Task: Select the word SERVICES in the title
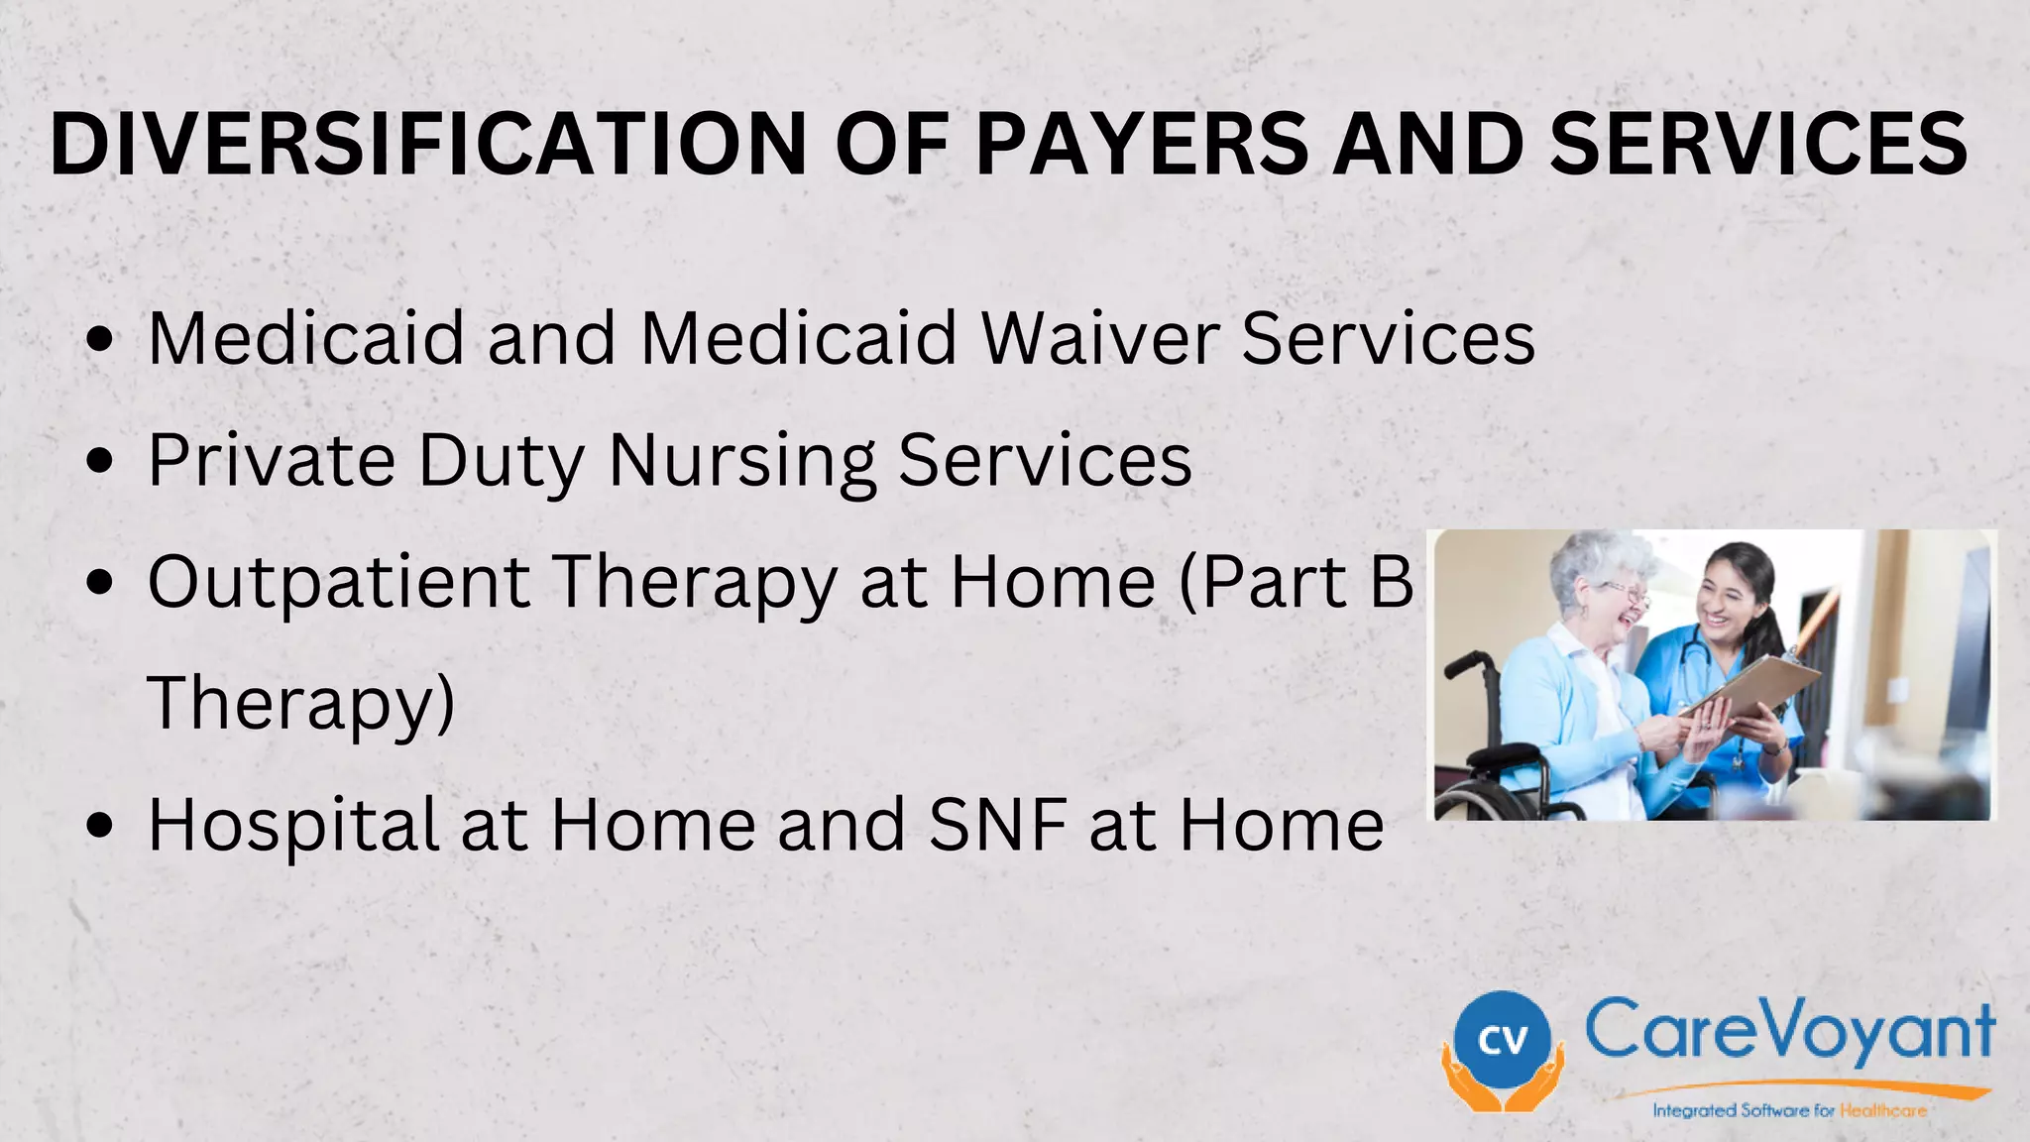[x=1758, y=145]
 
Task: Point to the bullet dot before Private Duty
[x=100, y=461]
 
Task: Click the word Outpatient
[x=338, y=582]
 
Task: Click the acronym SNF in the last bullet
[x=998, y=825]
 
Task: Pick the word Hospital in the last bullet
[x=293, y=825]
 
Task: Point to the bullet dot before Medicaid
[x=100, y=339]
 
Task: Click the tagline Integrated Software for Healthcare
[x=1789, y=1110]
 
